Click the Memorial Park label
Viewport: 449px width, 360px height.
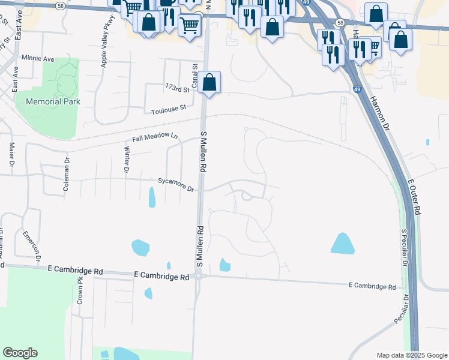coord(53,101)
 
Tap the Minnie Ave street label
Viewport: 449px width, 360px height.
coord(37,59)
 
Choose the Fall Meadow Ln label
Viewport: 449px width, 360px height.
coord(155,139)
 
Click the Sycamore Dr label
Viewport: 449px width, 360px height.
coord(176,184)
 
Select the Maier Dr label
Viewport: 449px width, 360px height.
coord(12,154)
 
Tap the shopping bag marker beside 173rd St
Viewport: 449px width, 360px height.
coord(209,83)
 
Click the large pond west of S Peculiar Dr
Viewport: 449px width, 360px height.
coord(343,243)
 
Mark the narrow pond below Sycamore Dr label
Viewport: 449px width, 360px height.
coord(152,197)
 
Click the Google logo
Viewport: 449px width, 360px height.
coord(20,352)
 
